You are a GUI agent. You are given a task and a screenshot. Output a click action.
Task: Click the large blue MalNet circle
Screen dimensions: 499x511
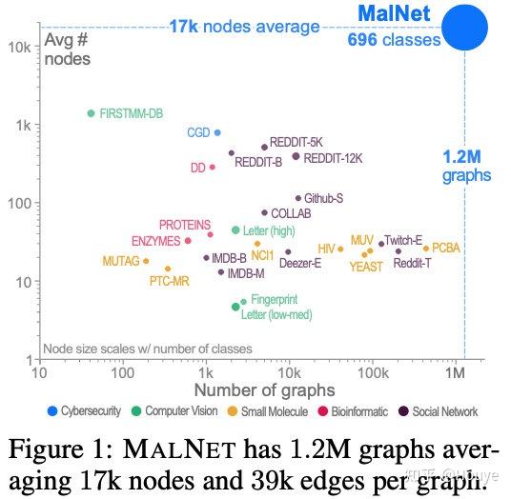point(464,27)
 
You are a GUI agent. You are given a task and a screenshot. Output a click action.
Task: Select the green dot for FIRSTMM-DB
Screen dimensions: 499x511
point(91,113)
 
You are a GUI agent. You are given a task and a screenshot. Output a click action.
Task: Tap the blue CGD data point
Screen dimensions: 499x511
point(217,132)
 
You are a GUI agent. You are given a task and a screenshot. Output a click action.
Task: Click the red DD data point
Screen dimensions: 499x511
point(212,167)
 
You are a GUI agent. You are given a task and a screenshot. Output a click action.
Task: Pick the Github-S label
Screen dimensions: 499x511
point(323,198)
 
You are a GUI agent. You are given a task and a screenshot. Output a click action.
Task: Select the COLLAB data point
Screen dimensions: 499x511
point(265,212)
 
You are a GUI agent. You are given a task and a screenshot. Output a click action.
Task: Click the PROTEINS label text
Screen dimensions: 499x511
point(185,225)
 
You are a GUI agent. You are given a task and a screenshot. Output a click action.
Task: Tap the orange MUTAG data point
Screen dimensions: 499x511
point(146,260)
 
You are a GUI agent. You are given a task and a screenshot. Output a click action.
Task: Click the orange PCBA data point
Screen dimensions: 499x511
point(426,249)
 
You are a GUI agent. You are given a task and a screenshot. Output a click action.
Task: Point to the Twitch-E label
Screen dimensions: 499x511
point(404,241)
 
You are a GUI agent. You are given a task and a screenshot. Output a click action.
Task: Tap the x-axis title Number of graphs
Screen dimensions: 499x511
point(264,389)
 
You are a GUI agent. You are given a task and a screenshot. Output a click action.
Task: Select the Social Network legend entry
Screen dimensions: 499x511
point(439,411)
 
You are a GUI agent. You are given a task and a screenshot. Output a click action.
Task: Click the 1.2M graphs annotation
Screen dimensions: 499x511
point(466,165)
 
